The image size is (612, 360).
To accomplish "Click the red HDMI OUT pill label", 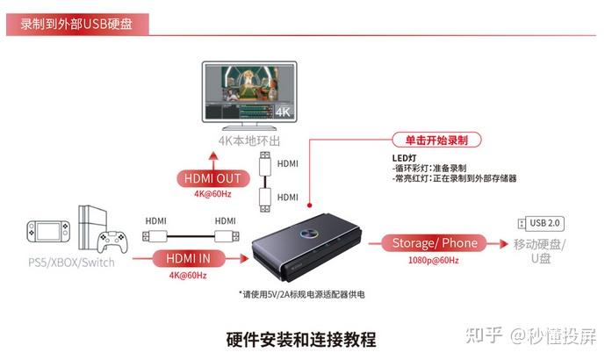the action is [x=212, y=178].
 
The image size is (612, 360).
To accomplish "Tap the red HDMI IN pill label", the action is [x=188, y=258].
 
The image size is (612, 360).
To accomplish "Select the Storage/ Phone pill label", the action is [x=435, y=243].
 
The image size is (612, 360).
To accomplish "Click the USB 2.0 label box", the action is [x=544, y=223].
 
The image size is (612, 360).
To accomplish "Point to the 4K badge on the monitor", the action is [x=283, y=112].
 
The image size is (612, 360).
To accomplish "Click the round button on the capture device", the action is [x=309, y=234].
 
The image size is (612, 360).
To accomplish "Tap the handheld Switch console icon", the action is [x=48, y=231].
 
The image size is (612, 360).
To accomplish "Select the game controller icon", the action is [x=112, y=241].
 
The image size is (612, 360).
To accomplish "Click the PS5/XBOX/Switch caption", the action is [x=71, y=263].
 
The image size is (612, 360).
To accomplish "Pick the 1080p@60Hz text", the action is [x=433, y=260].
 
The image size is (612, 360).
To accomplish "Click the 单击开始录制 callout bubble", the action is [x=436, y=140].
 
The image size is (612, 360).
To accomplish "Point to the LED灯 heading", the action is [x=404, y=158].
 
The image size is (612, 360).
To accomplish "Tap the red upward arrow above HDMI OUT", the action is [x=213, y=161].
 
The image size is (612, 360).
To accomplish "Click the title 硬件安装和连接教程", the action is [x=301, y=339].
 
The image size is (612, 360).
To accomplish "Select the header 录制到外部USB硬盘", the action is [x=76, y=25].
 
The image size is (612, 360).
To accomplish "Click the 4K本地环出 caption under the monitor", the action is [x=249, y=141].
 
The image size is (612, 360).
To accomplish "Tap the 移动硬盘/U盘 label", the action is [x=539, y=251].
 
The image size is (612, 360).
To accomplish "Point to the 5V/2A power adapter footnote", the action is [x=302, y=294].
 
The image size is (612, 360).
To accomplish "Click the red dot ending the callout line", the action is [x=310, y=205].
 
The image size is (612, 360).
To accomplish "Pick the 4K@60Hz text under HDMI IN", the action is [x=188, y=276].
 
